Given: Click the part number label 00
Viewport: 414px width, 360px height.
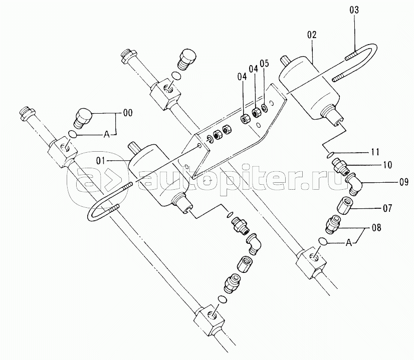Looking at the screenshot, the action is (x=127, y=113).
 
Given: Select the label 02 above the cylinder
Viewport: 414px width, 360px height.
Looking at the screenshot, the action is (x=312, y=35).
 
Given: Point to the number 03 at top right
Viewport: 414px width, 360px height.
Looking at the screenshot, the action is (x=354, y=10).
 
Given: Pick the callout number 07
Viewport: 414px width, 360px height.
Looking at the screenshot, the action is (x=387, y=208).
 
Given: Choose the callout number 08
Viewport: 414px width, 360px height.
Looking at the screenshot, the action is (x=376, y=227).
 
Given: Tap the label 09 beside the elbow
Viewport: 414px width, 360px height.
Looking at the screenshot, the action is (x=403, y=182).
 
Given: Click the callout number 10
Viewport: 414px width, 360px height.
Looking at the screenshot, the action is (x=387, y=165).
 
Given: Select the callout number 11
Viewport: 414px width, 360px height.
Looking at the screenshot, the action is (x=375, y=152).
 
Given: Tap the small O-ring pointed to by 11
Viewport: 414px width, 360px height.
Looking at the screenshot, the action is (x=330, y=155).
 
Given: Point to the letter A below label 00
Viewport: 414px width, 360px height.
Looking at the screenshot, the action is (x=106, y=135).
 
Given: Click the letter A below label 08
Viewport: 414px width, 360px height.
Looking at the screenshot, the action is (x=349, y=243).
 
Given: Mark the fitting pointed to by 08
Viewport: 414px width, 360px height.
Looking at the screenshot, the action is (x=332, y=224).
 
